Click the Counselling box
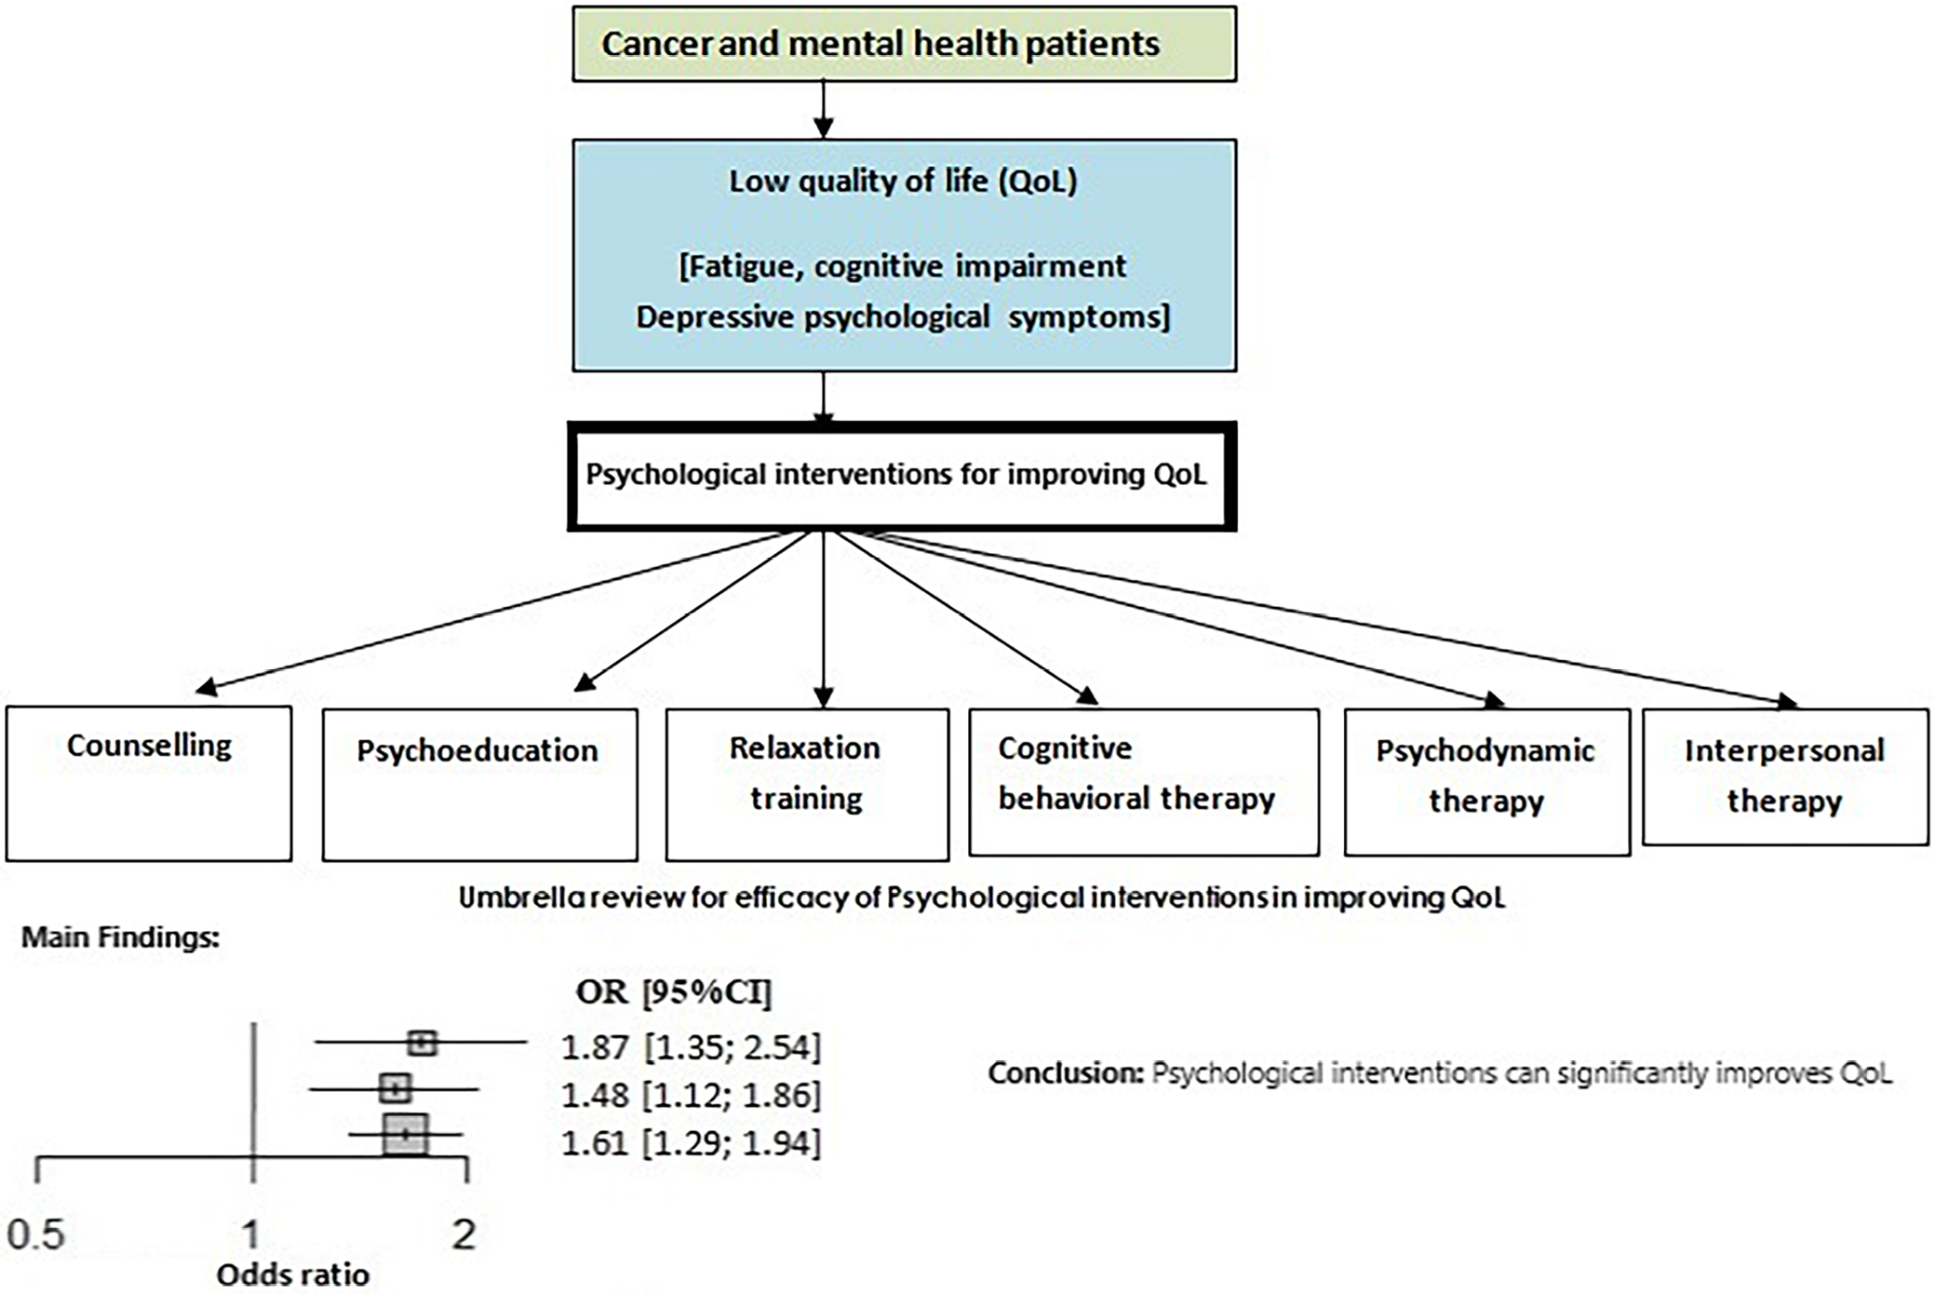click(149, 783)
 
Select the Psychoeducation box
click(479, 784)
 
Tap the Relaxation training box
click(807, 784)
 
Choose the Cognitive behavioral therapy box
click(1143, 781)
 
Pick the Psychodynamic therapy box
click(1486, 781)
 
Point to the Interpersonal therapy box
click(1784, 776)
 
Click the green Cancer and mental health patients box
click(904, 45)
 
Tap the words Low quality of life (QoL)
click(902, 181)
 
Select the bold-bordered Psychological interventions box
click(901, 476)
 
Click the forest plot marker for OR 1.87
click(422, 1043)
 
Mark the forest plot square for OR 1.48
click(396, 1087)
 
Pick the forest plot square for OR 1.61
click(406, 1134)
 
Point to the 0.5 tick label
click(35, 1235)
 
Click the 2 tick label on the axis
click(464, 1235)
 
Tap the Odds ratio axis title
click(292, 1274)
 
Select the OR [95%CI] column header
click(673, 992)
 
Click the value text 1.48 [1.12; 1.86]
click(691, 1095)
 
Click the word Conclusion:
click(1065, 1073)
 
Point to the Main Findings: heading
click(120, 937)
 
